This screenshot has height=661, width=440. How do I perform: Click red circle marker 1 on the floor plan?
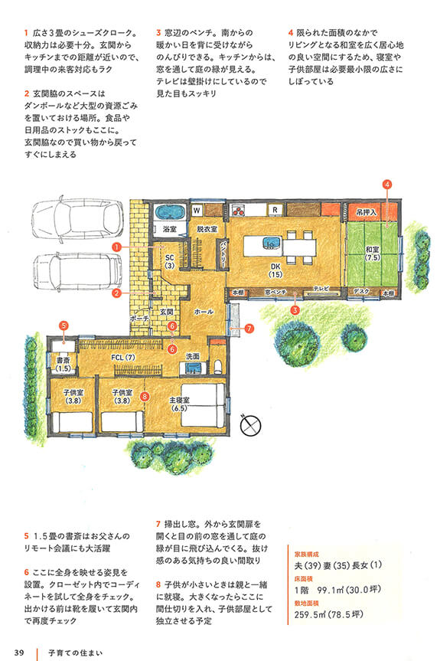tap(116, 247)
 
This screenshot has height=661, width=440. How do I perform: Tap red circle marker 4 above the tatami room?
tap(387, 185)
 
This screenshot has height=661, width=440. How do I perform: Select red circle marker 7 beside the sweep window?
tap(249, 328)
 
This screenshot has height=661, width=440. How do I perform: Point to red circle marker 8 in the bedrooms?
tap(145, 396)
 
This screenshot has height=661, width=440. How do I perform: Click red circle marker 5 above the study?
tap(64, 326)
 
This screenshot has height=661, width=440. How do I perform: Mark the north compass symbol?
tap(250, 425)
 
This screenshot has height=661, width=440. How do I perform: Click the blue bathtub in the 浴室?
tap(170, 212)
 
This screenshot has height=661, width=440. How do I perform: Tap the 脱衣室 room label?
tap(207, 229)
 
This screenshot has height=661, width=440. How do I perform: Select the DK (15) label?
tap(275, 270)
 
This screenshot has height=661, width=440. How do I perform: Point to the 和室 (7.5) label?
tap(373, 254)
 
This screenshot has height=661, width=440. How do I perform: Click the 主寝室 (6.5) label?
tap(180, 404)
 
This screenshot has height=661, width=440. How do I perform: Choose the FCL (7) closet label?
tap(123, 358)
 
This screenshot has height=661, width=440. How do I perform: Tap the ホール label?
tap(204, 312)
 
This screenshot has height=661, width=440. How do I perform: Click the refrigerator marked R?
tap(275, 210)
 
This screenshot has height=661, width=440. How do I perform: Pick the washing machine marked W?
tap(197, 210)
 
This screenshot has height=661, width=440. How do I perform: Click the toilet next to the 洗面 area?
tap(218, 366)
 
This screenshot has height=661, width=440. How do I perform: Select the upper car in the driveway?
tap(78, 218)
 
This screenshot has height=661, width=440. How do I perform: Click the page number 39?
tap(19, 653)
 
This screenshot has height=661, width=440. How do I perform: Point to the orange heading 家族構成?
tap(307, 555)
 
